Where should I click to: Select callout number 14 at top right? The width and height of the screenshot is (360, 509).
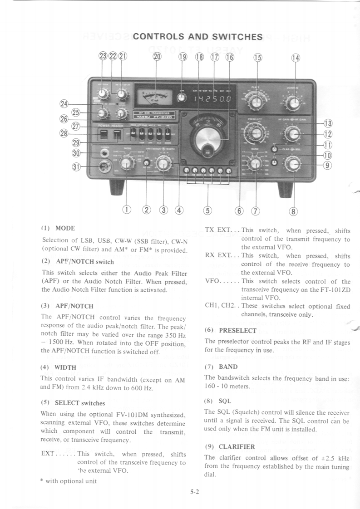coord(296,58)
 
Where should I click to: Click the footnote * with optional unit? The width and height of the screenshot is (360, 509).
coord(69,481)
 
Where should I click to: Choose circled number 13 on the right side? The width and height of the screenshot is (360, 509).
coord(327,123)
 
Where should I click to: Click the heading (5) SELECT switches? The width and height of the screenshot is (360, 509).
coord(73,402)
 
